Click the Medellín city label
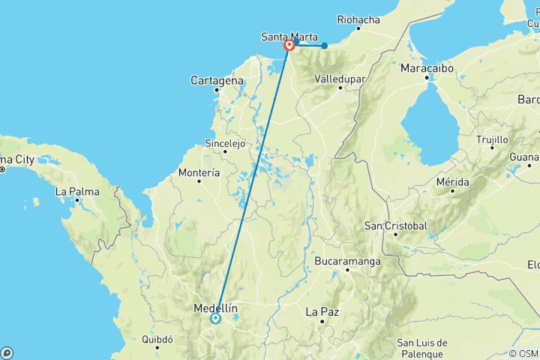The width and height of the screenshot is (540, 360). [x=215, y=308]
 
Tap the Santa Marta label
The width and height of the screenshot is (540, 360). [x=289, y=37]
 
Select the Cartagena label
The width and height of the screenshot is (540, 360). [x=217, y=80]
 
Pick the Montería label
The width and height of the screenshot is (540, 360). [x=199, y=172]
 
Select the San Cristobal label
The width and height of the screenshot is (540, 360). [x=395, y=226]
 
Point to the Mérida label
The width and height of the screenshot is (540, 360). [x=452, y=181]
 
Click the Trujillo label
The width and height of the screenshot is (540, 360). [x=492, y=139]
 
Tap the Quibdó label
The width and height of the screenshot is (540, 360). [x=158, y=339]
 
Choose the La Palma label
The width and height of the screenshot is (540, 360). [x=76, y=191]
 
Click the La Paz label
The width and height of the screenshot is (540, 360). [x=322, y=310]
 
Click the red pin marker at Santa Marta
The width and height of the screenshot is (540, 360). [x=289, y=45]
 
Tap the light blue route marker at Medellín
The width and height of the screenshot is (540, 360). [x=216, y=319]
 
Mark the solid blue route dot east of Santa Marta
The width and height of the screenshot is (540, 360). [x=324, y=46]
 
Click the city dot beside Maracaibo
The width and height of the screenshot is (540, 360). [x=426, y=77]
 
